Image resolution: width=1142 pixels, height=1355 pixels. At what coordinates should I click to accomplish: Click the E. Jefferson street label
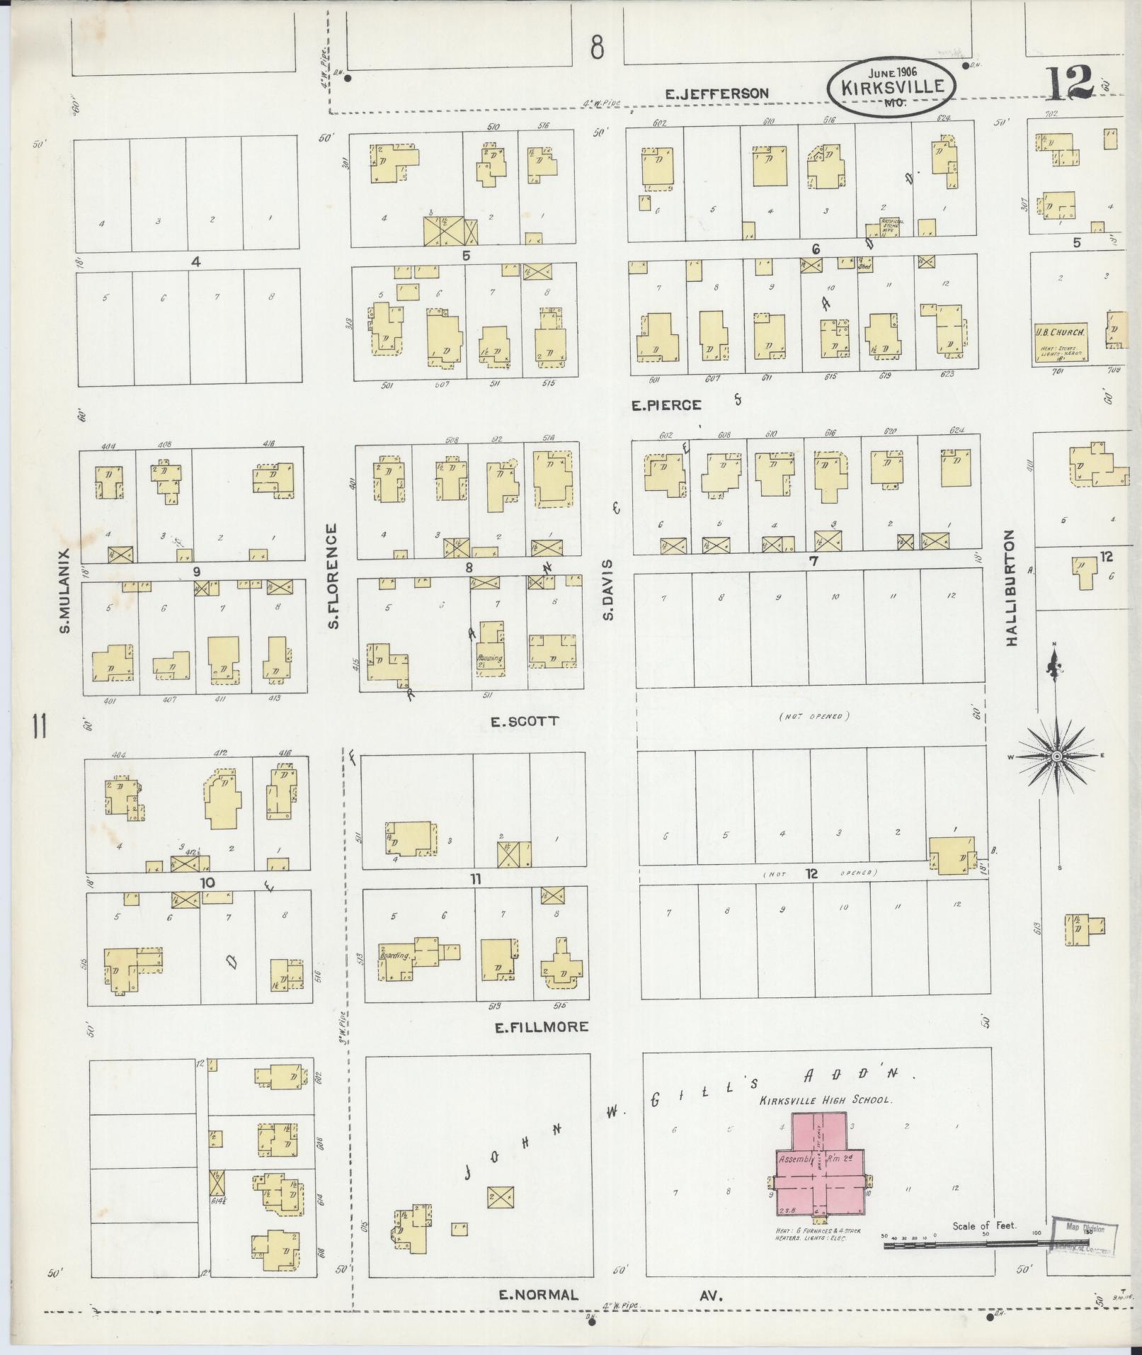[x=717, y=93]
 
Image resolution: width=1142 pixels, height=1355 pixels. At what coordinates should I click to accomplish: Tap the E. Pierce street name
[x=666, y=405]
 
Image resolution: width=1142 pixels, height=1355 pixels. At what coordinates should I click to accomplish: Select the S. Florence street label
[x=333, y=576]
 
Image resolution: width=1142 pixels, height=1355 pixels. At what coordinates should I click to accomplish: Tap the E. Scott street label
[x=525, y=721]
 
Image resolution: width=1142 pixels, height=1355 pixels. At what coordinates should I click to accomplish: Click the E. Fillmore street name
[x=542, y=1026]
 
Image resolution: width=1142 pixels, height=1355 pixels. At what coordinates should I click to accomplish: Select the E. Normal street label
[x=539, y=1295]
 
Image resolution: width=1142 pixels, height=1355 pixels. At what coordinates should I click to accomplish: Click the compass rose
[x=1056, y=756]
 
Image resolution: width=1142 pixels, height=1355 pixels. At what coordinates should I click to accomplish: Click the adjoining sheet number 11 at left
[x=39, y=727]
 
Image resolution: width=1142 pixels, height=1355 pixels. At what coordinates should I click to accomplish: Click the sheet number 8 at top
[x=598, y=48]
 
